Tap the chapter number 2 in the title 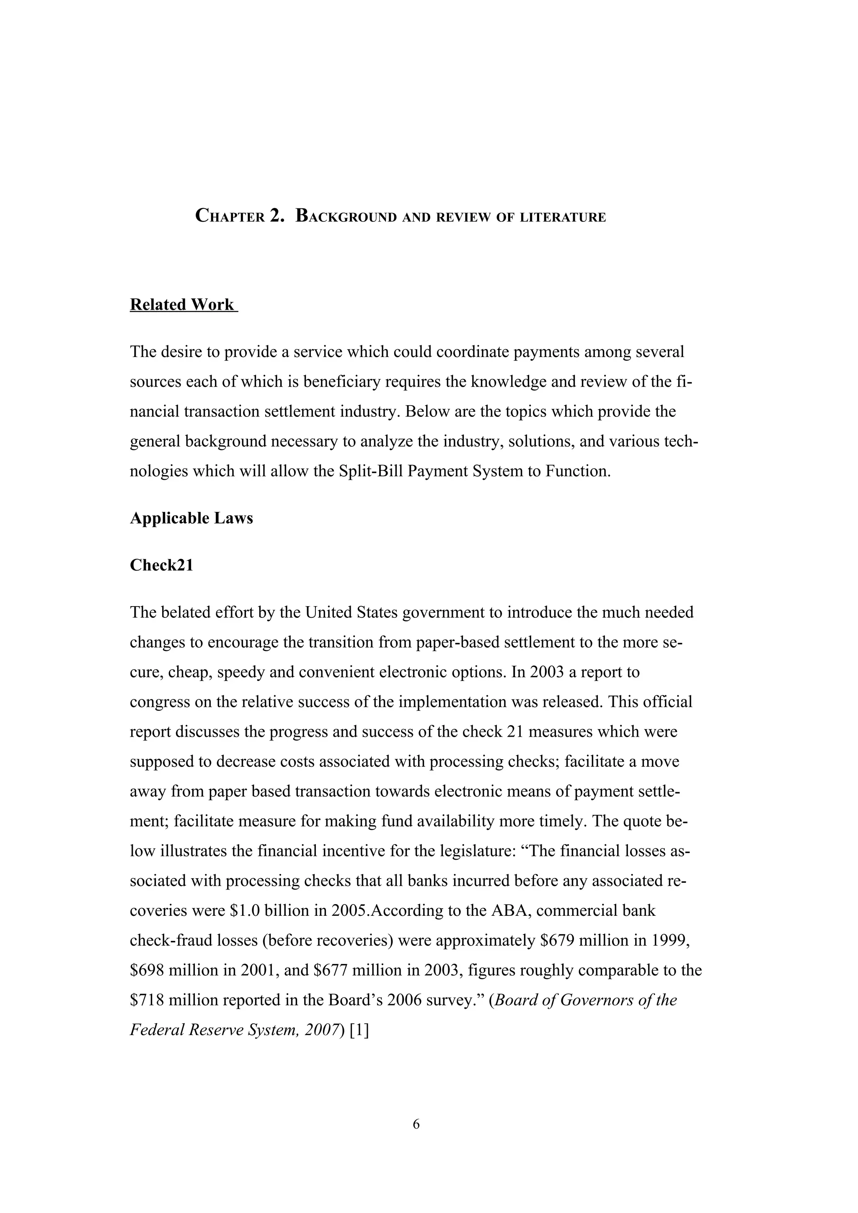277,216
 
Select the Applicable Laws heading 191,518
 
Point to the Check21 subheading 162,565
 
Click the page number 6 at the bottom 416,1124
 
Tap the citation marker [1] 359,1030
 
